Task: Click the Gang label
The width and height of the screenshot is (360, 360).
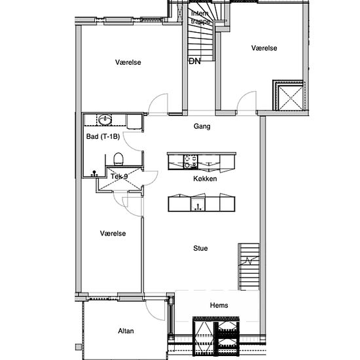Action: pos(202,126)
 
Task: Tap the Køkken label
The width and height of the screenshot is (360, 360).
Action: pos(205,179)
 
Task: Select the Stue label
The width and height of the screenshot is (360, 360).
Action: pos(200,248)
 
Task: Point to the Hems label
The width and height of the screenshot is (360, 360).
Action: pos(219,305)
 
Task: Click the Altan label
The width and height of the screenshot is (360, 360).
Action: pos(126,331)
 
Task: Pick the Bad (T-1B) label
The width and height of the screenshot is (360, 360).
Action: pos(103,137)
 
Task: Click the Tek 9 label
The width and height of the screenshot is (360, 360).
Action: pos(119,176)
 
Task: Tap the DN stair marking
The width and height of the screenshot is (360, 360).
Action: pos(194,62)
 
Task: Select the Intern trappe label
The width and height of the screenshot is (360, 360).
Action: pos(200,17)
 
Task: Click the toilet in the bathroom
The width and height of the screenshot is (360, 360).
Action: pos(118,159)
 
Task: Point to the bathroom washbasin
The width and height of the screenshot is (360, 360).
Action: pos(105,120)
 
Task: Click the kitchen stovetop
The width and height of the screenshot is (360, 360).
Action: pos(190,162)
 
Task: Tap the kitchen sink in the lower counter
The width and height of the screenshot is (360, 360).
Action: pos(198,205)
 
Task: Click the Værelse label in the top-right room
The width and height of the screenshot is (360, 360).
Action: pos(264,48)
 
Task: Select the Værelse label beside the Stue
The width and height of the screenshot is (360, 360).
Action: pos(113,233)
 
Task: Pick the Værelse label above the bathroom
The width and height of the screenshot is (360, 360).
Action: pos(128,62)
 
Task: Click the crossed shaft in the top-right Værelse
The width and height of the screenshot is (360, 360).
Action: pos(290,98)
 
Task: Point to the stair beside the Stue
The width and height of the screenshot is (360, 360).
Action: pos(249,266)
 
